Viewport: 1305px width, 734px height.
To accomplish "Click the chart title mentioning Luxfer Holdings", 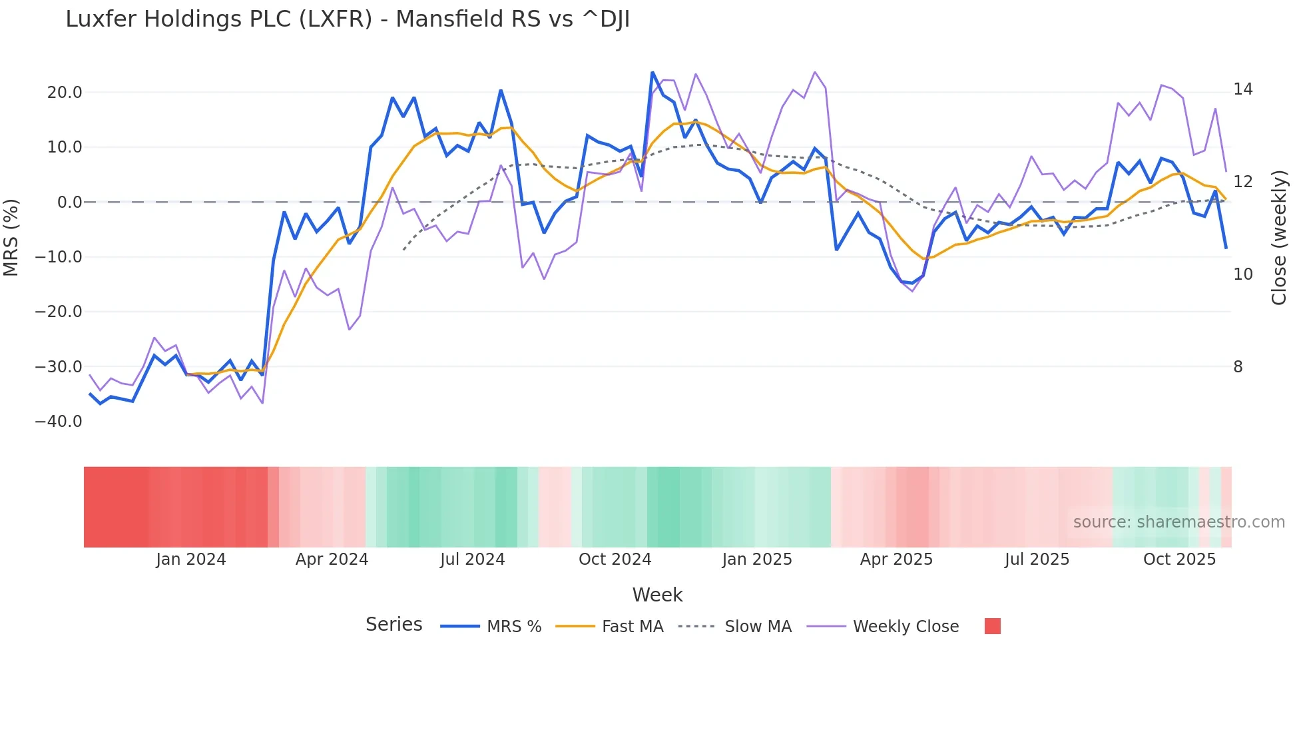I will pos(347,19).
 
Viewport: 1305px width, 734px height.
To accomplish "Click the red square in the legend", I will pos(992,626).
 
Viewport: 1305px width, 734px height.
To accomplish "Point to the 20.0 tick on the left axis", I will pos(64,93).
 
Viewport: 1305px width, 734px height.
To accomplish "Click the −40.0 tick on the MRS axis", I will pos(59,422).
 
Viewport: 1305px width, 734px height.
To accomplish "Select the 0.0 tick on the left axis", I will pos(69,202).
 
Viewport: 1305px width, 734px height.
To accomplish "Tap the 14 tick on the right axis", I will pos(1242,89).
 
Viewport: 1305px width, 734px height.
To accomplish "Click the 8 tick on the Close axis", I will pos(1238,367).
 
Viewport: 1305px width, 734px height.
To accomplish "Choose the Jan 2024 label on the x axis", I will pos(191,559).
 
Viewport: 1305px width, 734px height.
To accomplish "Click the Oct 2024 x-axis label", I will pos(615,559).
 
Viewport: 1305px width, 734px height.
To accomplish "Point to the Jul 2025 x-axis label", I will pos(1037,559).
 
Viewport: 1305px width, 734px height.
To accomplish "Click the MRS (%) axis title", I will pos(11,237).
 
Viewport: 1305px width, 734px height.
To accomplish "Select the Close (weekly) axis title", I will pos(1279,237).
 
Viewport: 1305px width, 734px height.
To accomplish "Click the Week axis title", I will pos(657,595).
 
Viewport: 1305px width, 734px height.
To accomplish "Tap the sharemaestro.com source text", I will pos(1178,522).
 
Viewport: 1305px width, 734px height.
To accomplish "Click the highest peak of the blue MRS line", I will pos(652,73).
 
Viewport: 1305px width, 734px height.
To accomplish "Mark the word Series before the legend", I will pos(393,625).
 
